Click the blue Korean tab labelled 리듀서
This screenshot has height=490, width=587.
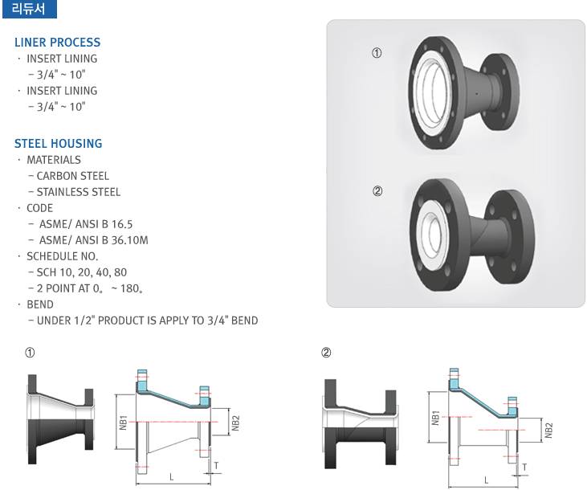coord(30,9)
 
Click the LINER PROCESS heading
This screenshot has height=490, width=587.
coord(58,43)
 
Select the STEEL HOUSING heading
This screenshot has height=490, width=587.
coord(59,144)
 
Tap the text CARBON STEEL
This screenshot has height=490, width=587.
coord(72,176)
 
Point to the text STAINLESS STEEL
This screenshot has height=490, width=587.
coord(79,192)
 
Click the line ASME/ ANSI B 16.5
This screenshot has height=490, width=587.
coord(86,224)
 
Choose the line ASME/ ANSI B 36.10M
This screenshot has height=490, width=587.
coord(94,240)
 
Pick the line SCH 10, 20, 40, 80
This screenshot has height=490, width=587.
coord(82,272)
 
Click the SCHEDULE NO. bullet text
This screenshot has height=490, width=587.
coord(63,256)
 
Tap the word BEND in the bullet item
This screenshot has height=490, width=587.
coord(40,304)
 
